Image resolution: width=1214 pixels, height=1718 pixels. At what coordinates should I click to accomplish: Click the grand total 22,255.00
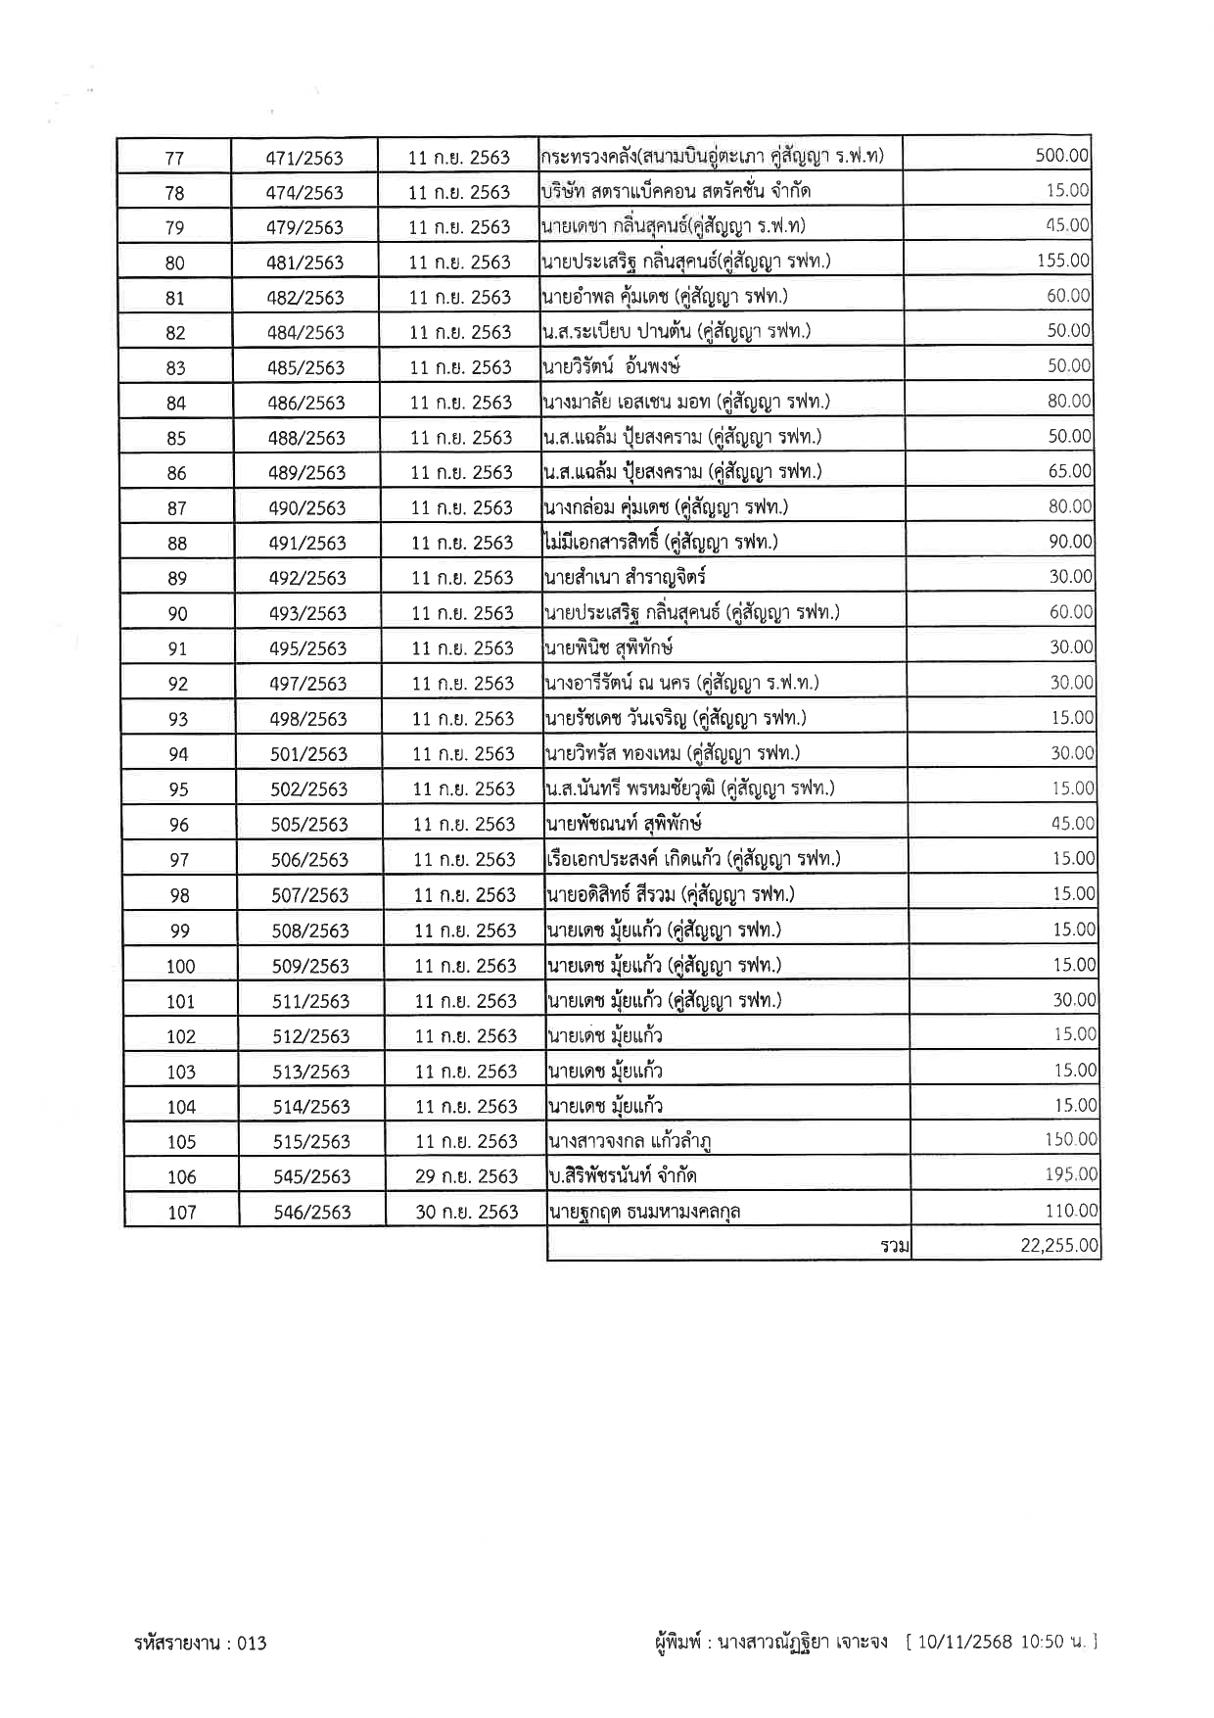coord(1059,1246)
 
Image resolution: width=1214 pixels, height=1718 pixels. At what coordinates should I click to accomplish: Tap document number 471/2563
coord(304,158)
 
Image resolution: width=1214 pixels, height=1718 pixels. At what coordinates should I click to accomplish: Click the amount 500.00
coord(1061,155)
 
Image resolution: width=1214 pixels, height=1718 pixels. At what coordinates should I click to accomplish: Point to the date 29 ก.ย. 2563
coord(466,1176)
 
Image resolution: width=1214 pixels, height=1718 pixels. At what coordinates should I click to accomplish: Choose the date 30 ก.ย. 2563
coord(466,1212)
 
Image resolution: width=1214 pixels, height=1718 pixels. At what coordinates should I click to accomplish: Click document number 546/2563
coord(312,1213)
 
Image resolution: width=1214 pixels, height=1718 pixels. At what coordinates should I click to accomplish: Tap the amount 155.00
coord(1063,261)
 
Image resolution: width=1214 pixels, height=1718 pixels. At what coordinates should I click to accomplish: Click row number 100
coord(180,967)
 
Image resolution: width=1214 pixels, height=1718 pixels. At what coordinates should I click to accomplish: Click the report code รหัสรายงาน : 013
coord(201,1643)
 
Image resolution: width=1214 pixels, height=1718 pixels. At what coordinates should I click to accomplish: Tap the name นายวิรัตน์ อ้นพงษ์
coord(611,367)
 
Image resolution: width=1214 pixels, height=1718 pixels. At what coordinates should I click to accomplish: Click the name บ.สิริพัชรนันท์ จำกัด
coord(623,1176)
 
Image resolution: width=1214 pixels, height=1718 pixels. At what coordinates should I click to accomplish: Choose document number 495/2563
coord(308,648)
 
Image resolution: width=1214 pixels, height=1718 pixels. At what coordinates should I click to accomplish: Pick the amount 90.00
coord(1069,542)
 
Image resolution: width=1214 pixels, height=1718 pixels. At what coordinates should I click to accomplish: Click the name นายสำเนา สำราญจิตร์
coord(625,578)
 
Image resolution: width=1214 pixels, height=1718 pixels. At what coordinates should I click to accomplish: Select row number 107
coord(182,1213)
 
